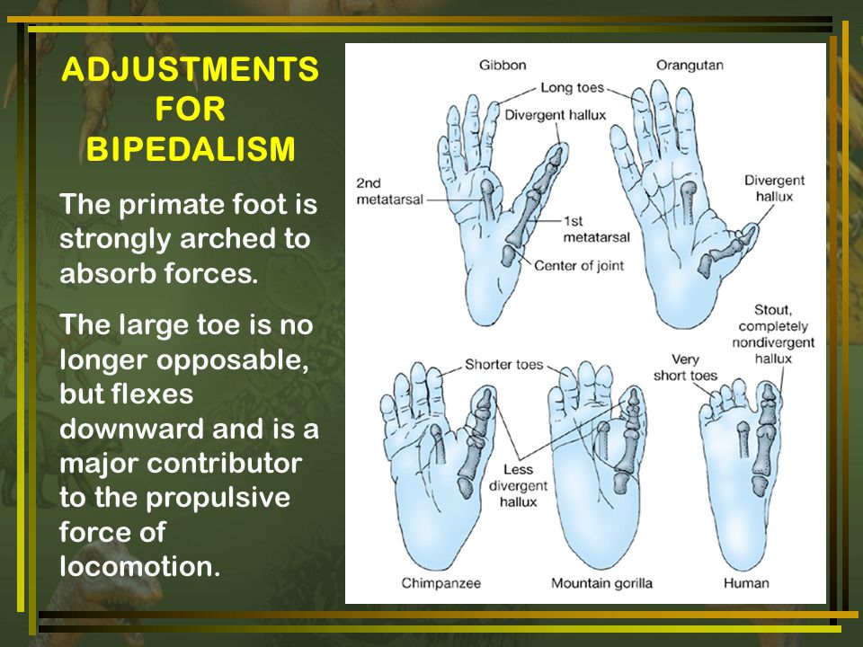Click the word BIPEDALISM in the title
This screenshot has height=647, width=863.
coord(191,149)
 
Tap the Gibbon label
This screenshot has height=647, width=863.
coord(503,65)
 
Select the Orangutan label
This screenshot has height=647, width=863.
coord(690,65)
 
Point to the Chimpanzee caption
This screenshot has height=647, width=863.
coord(440,583)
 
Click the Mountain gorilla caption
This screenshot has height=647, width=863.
coord(601,583)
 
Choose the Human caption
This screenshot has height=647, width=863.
coord(746,583)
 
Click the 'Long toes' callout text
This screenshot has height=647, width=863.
coord(572,87)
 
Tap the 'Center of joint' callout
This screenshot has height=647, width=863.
coord(579,266)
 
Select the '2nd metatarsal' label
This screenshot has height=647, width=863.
coord(389,191)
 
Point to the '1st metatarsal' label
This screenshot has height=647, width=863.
coord(596,229)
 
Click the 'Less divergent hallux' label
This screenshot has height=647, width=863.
coord(518,485)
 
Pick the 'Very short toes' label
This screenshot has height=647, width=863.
coord(685,368)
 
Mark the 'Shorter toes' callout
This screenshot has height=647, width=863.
coord(503,364)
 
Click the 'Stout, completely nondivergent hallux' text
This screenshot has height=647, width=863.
coord(773,334)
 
